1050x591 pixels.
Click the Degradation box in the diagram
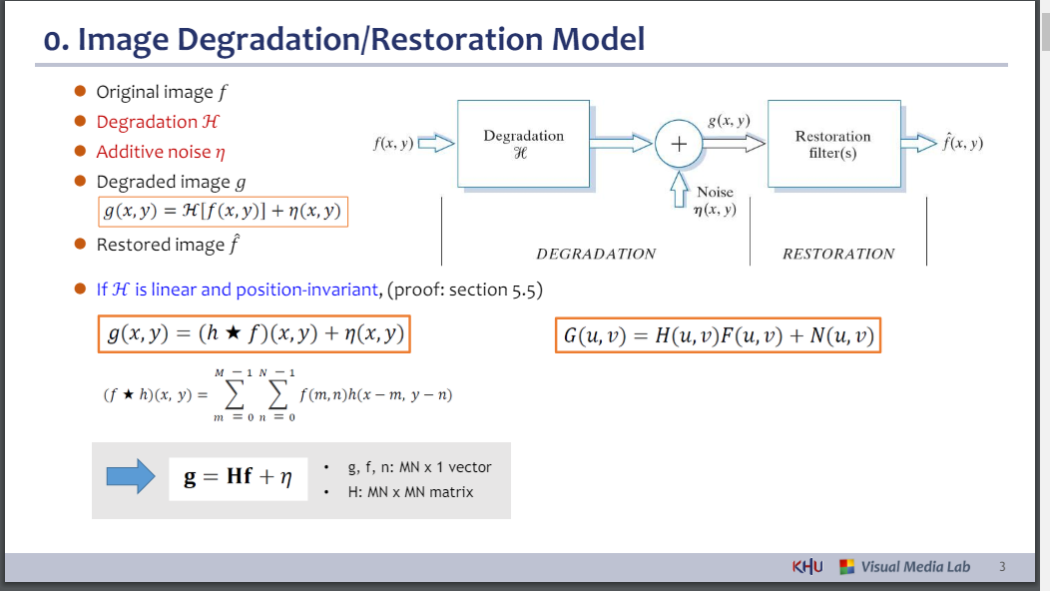click(523, 144)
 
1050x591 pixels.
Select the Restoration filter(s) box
click(833, 144)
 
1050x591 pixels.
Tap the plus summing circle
click(679, 144)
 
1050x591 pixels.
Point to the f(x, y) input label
click(393, 144)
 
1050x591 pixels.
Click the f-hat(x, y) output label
click(962, 143)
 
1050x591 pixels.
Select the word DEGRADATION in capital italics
click(596, 254)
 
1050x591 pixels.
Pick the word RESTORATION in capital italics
click(838, 254)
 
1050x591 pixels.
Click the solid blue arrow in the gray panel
click(131, 477)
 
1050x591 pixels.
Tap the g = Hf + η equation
click(238, 477)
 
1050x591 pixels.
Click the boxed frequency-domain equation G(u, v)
click(719, 335)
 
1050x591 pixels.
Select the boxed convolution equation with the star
click(255, 334)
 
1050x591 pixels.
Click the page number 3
click(1002, 567)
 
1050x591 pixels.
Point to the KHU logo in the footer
click(807, 567)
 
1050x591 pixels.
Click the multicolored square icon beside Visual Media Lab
click(846, 567)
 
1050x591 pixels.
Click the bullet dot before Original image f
click(81, 91)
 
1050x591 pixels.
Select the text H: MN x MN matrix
click(410, 491)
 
